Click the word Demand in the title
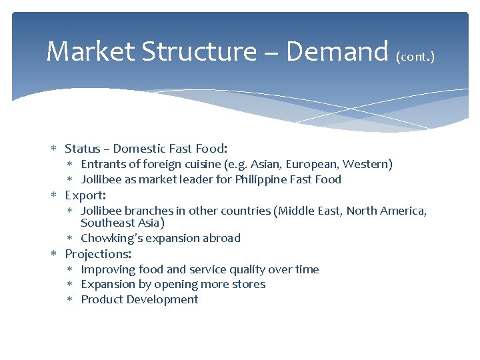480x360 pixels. point(337,51)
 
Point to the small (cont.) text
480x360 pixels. point(415,57)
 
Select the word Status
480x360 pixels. point(83,149)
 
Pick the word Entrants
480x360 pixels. point(104,164)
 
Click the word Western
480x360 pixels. point(366,164)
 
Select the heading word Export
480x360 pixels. point(84,195)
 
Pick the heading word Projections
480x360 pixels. point(97,254)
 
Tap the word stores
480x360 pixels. point(249,284)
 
